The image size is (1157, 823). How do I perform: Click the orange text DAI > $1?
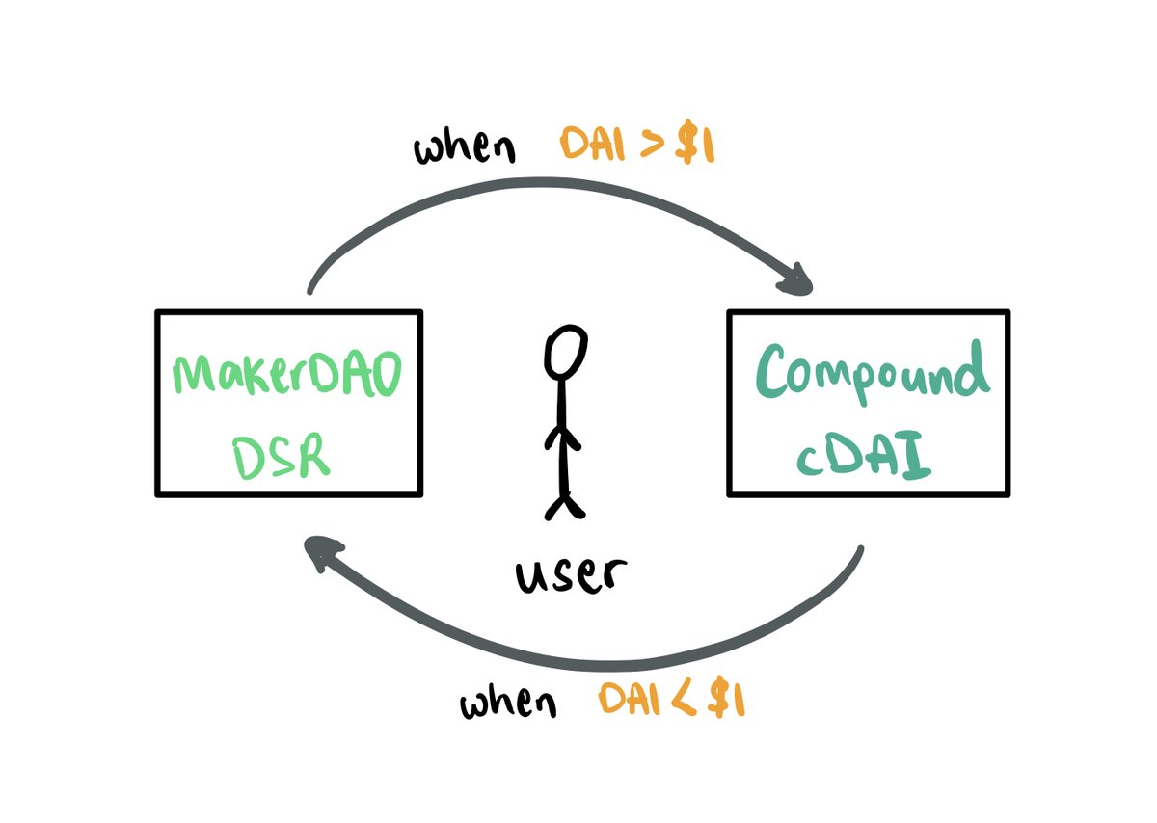pyautogui.click(x=637, y=148)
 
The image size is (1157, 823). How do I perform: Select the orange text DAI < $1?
pyautogui.click(x=672, y=700)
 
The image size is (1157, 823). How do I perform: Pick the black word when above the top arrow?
pyautogui.click(x=465, y=150)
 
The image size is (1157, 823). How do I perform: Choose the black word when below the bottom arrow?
pyautogui.click(x=508, y=704)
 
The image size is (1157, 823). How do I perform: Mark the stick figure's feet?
pyautogui.click(x=564, y=505)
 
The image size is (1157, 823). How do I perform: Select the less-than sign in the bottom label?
pyautogui.click(x=684, y=700)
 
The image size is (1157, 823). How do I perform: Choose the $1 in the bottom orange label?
pyautogui.click(x=726, y=699)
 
